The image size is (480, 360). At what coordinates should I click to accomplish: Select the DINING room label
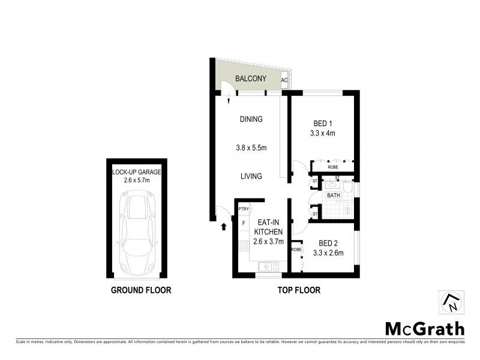(x=251, y=119)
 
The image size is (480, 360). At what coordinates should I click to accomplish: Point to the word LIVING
(x=251, y=176)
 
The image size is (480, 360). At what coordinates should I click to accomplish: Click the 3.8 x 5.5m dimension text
(x=251, y=148)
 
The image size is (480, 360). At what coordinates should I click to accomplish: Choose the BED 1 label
(x=323, y=123)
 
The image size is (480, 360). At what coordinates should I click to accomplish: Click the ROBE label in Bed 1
(x=332, y=169)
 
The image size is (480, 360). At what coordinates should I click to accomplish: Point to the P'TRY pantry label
(x=244, y=209)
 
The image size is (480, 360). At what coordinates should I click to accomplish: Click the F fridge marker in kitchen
(x=243, y=223)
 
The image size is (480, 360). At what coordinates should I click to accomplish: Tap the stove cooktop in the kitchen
(x=244, y=245)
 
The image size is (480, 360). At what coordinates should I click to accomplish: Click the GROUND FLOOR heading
(x=141, y=290)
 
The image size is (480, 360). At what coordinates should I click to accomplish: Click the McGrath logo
(x=424, y=328)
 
